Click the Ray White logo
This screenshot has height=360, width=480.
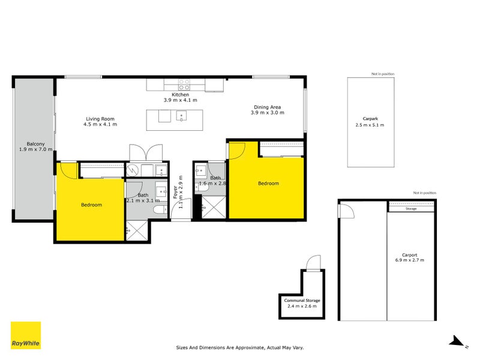(x=26, y=335)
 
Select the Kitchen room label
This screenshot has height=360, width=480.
(x=181, y=95)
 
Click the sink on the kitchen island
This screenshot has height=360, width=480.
(x=181, y=116)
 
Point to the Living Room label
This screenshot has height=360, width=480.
(x=100, y=119)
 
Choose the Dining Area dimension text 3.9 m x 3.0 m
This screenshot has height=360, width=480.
(x=267, y=113)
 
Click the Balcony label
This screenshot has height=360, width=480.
(x=35, y=144)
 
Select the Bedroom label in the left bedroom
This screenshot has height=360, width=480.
(x=91, y=205)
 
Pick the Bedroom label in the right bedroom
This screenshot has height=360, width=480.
(x=268, y=184)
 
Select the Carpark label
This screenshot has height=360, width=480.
(x=369, y=118)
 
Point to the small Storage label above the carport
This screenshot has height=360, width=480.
(x=411, y=209)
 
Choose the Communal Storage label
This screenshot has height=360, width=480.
(x=301, y=300)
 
